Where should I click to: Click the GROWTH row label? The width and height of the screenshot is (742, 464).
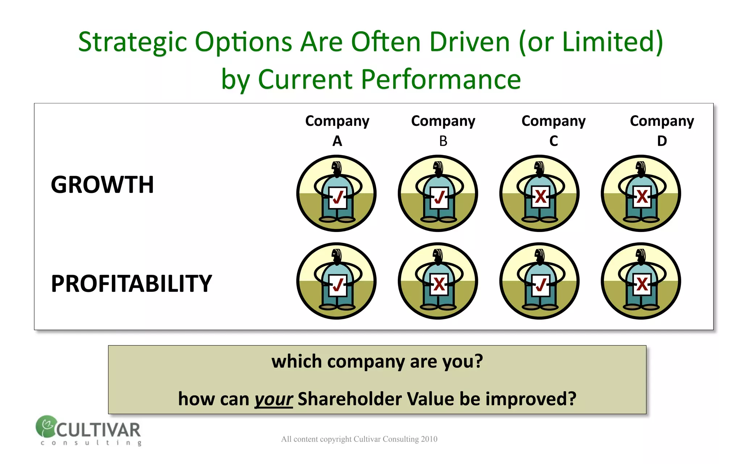point(102,185)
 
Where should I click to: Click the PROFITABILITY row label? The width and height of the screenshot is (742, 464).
point(131,283)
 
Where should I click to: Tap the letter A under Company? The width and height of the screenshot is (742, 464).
point(337,141)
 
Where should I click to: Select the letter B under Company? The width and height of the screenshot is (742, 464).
point(443,141)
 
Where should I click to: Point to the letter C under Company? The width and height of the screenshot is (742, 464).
point(553,141)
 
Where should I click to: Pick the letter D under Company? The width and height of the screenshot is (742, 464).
point(662,141)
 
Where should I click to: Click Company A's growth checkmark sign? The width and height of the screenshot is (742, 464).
point(338,197)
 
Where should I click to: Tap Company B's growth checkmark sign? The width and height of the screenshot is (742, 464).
point(439,197)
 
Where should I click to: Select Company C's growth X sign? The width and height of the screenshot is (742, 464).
point(541,197)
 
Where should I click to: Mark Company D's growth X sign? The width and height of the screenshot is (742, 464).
point(642,197)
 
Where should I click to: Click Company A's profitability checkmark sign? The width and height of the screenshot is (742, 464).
point(338,285)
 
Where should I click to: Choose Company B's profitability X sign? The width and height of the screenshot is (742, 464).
point(439,285)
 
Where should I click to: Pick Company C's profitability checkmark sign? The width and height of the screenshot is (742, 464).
point(541,285)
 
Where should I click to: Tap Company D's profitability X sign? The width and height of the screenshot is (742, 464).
point(642,285)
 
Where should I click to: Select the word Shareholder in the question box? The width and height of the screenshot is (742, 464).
point(350,399)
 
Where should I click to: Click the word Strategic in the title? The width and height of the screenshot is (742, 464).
point(132,42)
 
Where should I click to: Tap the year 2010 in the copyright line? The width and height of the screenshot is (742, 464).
point(429,439)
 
